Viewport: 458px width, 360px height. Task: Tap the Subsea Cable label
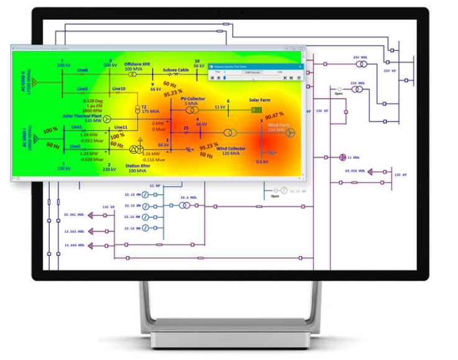[176, 70]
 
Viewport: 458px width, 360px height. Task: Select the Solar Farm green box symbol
[254, 110]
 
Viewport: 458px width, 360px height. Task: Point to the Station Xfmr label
[137, 166]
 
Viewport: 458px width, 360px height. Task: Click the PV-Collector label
[193, 98]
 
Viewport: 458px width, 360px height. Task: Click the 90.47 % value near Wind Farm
[274, 115]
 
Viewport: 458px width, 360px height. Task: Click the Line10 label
[119, 89]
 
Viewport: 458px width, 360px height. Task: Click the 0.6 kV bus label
[263, 162]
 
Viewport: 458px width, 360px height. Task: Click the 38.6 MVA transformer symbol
[184, 205]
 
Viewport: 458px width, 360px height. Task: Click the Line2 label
[75, 146]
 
